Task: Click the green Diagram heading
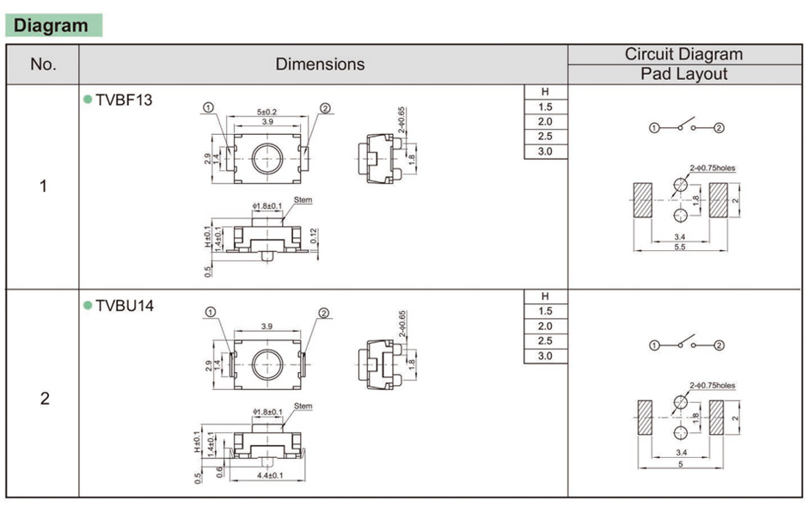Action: tap(52, 26)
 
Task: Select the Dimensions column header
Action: tap(320, 64)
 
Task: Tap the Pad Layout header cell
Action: tap(684, 75)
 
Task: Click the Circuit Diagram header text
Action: tap(684, 54)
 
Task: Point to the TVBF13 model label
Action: tap(124, 100)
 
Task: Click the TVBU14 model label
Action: tap(125, 305)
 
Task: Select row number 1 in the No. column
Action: tap(43, 186)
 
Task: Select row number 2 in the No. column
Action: tap(43, 399)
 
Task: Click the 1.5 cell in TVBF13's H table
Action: tap(545, 107)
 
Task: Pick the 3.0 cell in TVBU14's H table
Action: tap(545, 356)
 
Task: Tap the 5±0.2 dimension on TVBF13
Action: tap(267, 113)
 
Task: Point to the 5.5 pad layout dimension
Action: tap(680, 247)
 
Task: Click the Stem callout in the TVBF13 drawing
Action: tap(303, 199)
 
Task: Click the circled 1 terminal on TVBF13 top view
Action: tap(209, 108)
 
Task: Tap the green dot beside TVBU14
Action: tap(88, 305)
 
